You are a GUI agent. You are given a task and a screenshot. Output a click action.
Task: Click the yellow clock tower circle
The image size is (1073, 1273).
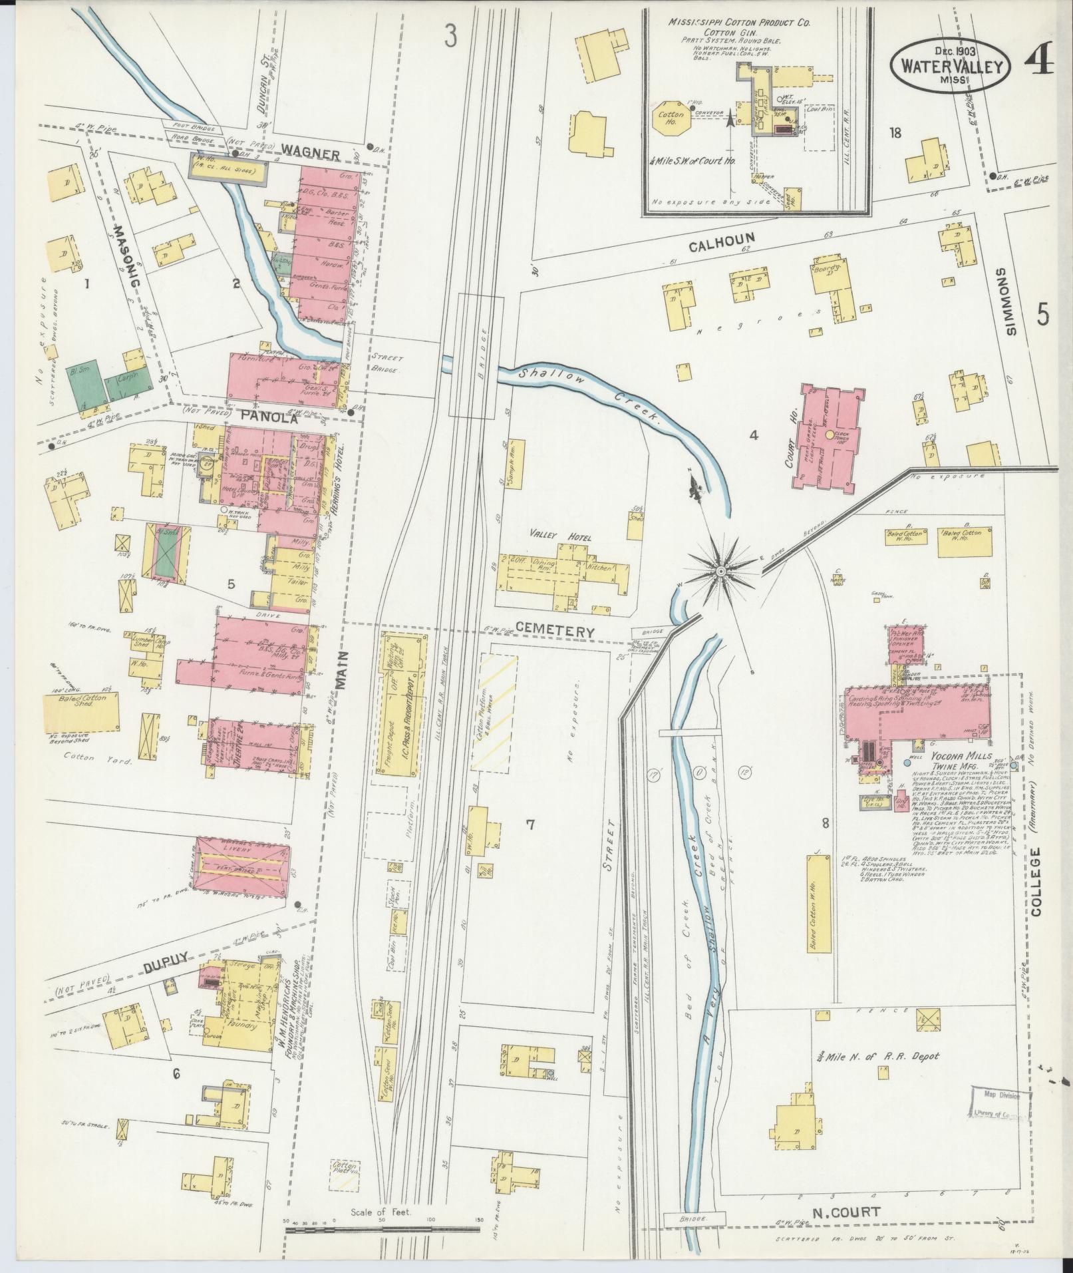(x=829, y=435)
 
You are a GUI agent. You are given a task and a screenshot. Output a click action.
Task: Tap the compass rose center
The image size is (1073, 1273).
(x=720, y=571)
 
